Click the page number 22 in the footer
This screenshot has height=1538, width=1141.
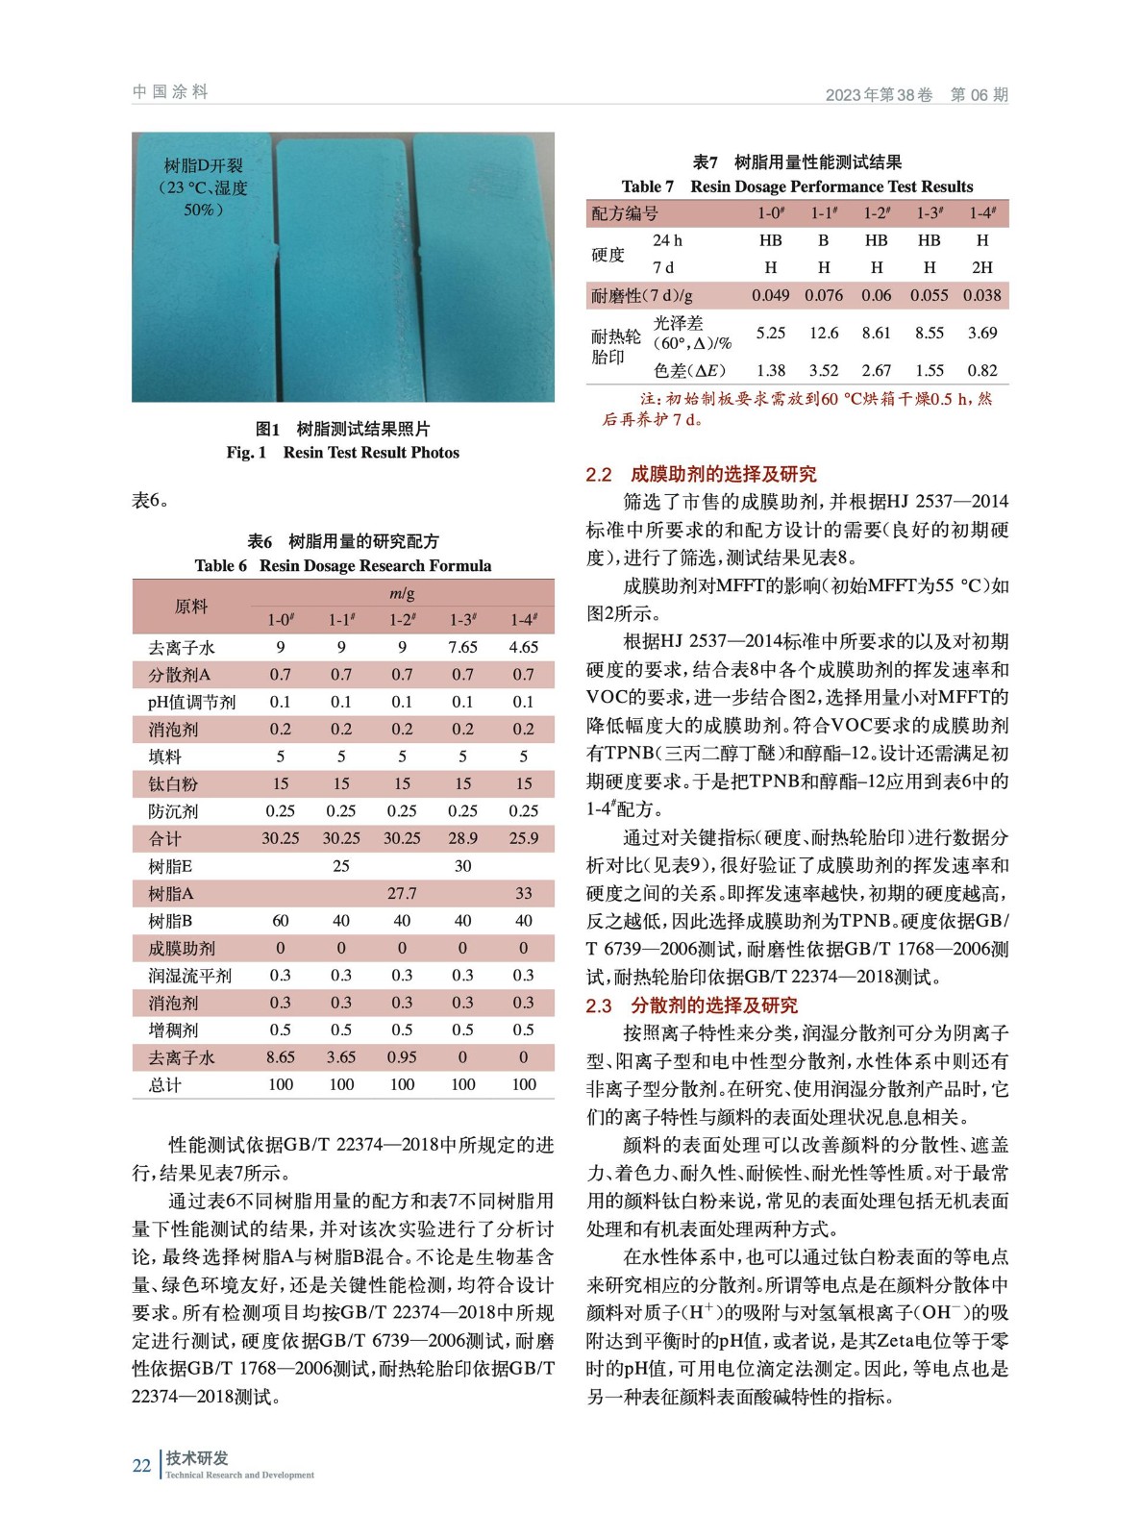click(x=141, y=1465)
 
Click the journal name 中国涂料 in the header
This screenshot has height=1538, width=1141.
click(x=170, y=92)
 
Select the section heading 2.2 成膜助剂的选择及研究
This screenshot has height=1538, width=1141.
click(x=701, y=474)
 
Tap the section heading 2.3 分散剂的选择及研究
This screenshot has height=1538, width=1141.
click(x=691, y=1005)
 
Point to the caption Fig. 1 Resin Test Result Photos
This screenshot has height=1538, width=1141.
click(x=342, y=453)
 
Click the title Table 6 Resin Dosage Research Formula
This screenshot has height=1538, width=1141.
click(x=342, y=566)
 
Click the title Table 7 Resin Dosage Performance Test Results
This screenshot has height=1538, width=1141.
click(x=797, y=186)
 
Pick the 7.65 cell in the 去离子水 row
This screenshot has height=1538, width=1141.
click(x=462, y=647)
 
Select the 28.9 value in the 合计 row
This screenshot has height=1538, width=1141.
click(x=462, y=838)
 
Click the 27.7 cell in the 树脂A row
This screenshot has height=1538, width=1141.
click(x=402, y=893)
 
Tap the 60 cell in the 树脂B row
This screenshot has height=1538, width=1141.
click(x=281, y=920)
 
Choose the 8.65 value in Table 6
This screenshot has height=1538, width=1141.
click(x=281, y=1057)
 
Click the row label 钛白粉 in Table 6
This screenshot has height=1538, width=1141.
click(x=173, y=784)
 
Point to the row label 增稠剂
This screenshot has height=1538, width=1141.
click(x=173, y=1030)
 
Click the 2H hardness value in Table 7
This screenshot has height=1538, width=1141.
click(x=982, y=267)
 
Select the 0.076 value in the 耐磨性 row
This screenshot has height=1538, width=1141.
click(x=824, y=295)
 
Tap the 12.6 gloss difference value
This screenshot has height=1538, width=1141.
click(x=824, y=333)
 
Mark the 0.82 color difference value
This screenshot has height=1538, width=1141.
click(x=982, y=370)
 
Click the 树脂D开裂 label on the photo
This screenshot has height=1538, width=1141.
click(x=203, y=165)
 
